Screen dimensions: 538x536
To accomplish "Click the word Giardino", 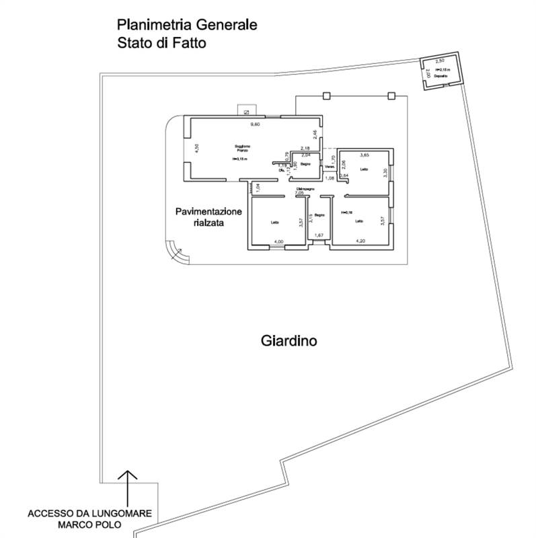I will coord(289,341).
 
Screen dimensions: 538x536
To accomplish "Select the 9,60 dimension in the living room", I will coord(255,125).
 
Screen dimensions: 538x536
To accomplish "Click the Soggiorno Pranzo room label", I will coord(243,149).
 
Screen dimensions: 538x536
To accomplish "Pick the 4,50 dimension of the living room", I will coord(196,149).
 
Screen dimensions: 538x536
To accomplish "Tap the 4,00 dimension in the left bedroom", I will coord(278,241).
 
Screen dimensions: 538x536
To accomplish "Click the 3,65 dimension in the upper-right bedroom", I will coord(366,155).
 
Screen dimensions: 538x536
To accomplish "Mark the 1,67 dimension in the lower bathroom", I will coord(319,235).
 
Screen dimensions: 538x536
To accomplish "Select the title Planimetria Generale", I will coord(187,26).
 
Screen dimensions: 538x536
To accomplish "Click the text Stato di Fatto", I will coord(161,42).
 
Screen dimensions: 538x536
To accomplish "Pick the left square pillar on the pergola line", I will coord(326,95).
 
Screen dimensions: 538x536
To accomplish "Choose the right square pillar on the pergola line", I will coord(391,95).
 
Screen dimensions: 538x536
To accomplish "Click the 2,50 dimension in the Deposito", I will coord(441,61).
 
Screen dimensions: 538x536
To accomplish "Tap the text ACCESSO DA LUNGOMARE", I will coord(89,514).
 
